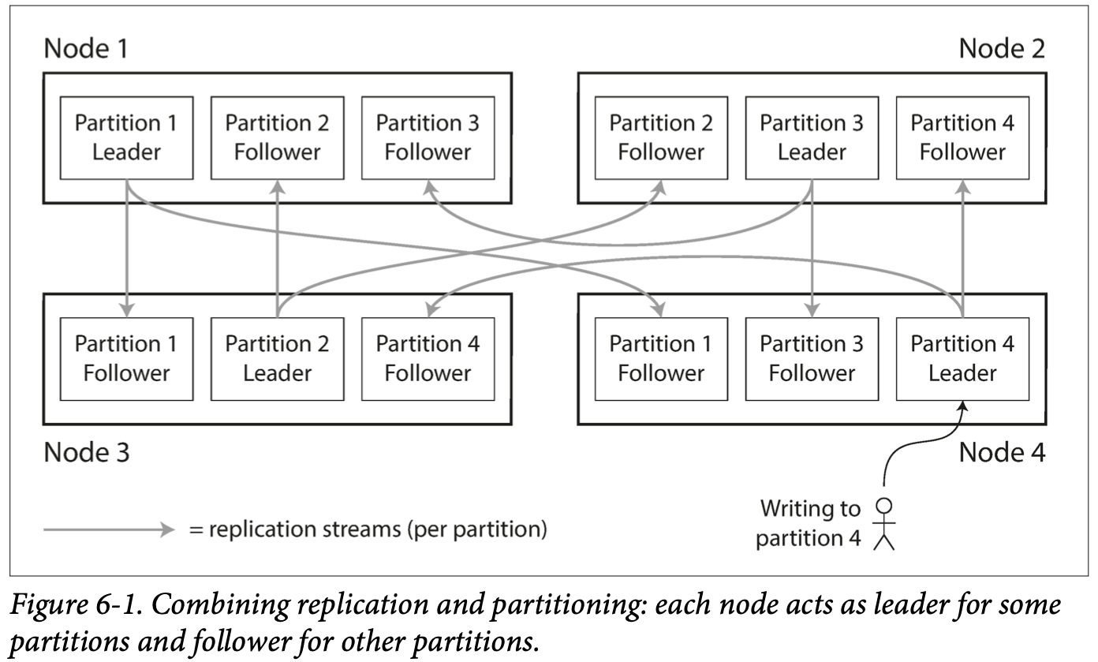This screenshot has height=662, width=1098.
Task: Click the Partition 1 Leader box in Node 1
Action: click(126, 138)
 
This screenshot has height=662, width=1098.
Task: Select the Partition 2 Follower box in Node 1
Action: click(278, 138)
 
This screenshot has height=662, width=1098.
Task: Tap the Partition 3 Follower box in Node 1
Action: click(428, 138)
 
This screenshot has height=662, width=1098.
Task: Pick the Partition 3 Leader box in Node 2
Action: click(812, 138)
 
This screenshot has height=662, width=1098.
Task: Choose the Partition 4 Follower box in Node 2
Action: click(962, 138)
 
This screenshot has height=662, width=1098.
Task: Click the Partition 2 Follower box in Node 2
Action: click(661, 138)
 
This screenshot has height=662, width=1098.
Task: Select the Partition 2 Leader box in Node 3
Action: click(278, 359)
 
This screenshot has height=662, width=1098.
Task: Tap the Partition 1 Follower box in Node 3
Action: click(126, 359)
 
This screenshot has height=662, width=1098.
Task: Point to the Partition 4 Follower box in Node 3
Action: click(428, 359)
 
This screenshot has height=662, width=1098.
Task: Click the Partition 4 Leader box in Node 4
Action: click(962, 359)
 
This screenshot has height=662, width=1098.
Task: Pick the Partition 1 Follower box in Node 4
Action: click(661, 359)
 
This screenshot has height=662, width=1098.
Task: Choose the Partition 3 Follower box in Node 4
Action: click(812, 359)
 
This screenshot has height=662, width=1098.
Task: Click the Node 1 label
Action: click(86, 49)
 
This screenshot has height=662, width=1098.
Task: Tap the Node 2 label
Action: click(1002, 49)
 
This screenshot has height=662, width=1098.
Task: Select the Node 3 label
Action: click(87, 452)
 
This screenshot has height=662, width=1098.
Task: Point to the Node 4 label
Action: click(1002, 452)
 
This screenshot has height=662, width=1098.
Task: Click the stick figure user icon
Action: click(884, 524)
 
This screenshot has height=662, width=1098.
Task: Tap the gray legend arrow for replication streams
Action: click(109, 529)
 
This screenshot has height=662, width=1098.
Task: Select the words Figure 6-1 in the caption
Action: click(76, 604)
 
